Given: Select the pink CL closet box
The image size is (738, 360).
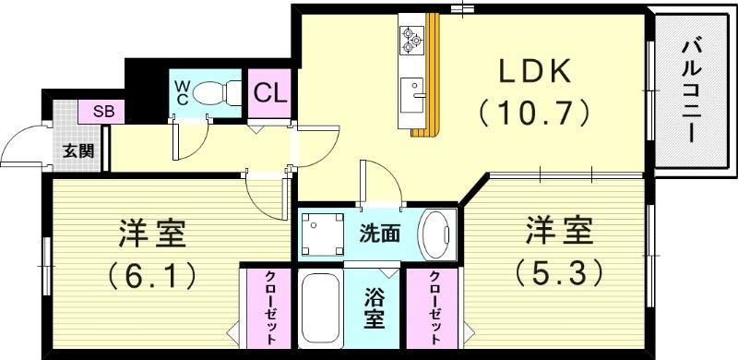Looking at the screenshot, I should tap(268, 92).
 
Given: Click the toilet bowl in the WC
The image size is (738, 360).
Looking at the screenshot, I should tap(213, 92).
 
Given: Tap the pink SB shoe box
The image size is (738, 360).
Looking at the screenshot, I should tap(102, 112).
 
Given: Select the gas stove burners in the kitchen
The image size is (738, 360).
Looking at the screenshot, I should tap(411, 39).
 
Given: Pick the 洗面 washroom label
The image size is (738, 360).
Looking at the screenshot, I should tap(379, 234).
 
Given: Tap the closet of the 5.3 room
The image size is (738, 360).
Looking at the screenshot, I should tap(433, 312).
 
